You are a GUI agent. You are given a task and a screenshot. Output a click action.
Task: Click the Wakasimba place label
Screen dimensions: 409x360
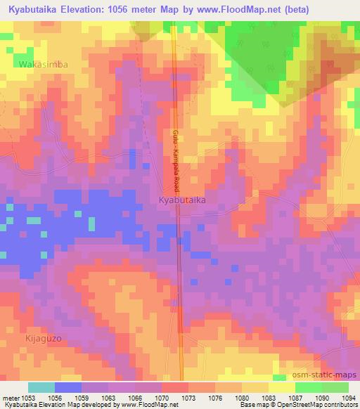[x=44, y=64]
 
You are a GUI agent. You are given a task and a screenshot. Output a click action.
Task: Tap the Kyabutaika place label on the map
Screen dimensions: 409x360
[x=181, y=200]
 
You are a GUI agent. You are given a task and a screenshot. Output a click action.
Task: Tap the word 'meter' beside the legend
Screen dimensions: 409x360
[x=11, y=397]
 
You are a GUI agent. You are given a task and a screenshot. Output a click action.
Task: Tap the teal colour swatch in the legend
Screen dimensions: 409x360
[x=41, y=387]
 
